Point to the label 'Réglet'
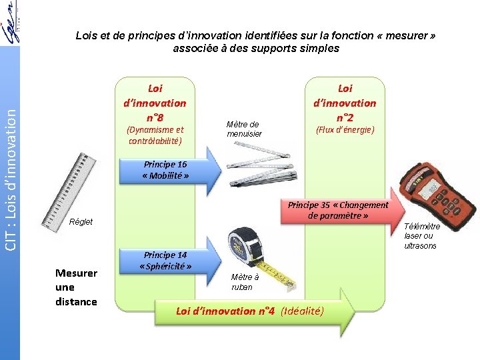[x=81, y=222]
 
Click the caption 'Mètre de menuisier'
[x=244, y=129]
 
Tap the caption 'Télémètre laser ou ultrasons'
[x=422, y=236]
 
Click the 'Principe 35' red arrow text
[x=337, y=210]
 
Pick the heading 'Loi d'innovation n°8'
[x=155, y=103]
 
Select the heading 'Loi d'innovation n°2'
[x=345, y=103]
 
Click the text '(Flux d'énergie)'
[x=345, y=130]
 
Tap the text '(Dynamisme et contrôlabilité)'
[x=155, y=135]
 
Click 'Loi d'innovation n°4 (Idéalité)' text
[x=250, y=311]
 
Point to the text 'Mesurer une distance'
[x=76, y=287]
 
